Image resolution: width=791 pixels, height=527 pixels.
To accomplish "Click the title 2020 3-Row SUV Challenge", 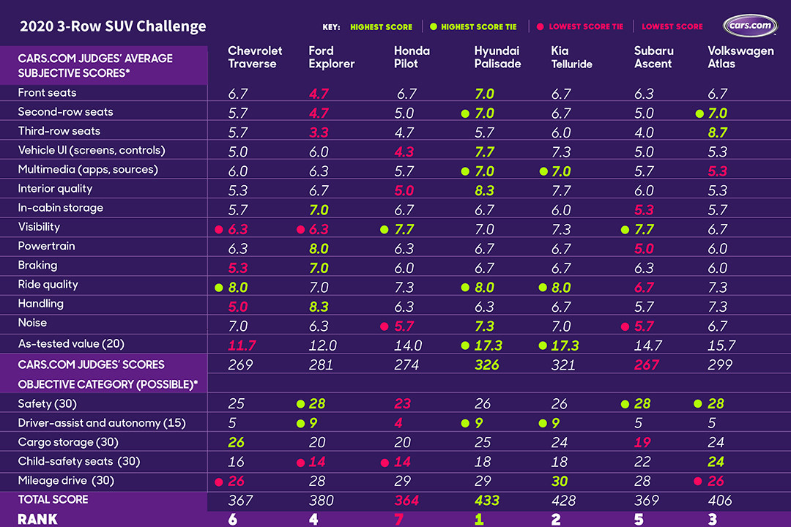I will [113, 27].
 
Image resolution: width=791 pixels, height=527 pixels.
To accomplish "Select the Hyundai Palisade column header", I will [497, 57].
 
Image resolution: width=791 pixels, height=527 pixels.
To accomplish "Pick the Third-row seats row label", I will [59, 131].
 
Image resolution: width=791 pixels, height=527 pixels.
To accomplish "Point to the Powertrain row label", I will [47, 246].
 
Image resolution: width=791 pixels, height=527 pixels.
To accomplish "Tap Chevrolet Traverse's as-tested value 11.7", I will [242, 345].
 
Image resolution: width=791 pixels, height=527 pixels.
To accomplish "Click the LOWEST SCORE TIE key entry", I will [585, 27].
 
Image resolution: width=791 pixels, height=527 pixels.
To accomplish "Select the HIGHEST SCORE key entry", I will [381, 27].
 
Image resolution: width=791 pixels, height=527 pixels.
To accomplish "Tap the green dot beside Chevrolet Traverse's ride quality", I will [218, 287].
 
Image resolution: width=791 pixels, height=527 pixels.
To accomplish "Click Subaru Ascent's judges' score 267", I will [647, 365].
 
